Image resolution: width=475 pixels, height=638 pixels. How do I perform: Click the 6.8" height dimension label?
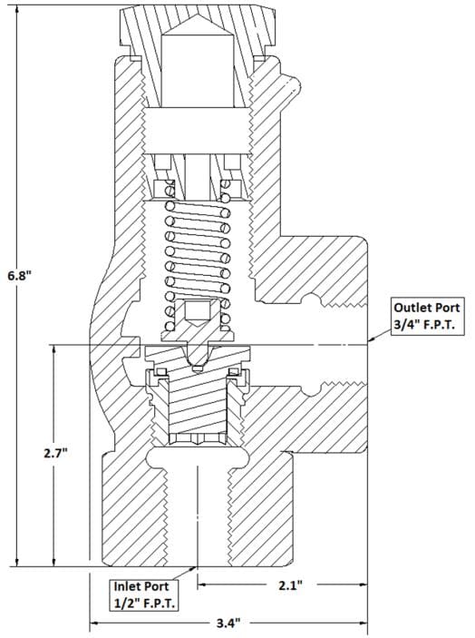point(19,276)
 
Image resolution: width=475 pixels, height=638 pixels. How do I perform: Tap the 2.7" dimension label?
point(55,453)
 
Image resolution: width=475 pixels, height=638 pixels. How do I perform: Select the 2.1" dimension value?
point(290,585)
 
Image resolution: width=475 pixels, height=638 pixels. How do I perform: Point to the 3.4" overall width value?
point(228,623)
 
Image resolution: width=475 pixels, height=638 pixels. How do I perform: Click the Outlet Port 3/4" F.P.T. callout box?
point(427,316)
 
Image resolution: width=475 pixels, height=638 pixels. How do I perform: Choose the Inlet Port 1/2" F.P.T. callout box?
point(144,594)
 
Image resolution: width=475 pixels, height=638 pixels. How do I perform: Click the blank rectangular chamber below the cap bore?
point(197,131)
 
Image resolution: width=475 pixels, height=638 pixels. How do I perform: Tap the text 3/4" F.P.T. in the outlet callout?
point(423,325)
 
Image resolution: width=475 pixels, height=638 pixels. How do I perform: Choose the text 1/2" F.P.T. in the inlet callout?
point(144,603)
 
